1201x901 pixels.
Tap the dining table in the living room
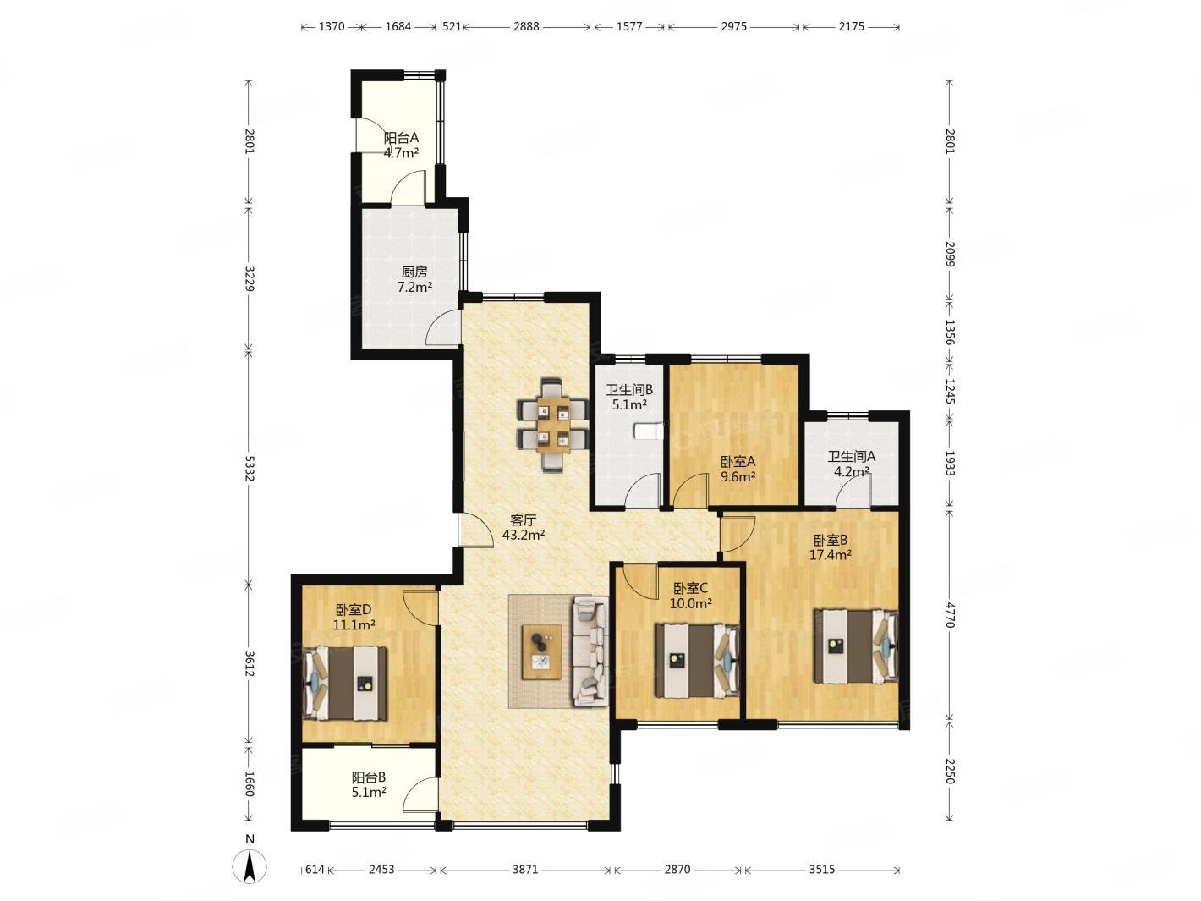coord(552,425)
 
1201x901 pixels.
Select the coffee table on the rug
coord(541,651)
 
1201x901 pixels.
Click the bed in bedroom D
coord(345,684)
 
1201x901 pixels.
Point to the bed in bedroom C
coord(697,660)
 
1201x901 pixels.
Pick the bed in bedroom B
coord(854,646)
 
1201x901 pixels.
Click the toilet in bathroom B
coord(649,431)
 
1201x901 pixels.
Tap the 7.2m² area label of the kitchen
coord(414,287)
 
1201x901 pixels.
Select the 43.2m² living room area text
coord(523,535)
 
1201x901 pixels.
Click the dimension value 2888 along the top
coord(526,26)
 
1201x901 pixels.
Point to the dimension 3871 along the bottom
coord(525,869)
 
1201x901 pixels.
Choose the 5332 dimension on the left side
coord(250,468)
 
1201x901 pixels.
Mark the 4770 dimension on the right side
coord(950,615)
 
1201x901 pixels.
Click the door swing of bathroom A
coord(852,490)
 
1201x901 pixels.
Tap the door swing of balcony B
coord(420,794)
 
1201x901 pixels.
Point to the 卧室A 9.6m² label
coord(738,469)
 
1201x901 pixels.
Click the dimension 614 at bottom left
coord(315,869)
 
